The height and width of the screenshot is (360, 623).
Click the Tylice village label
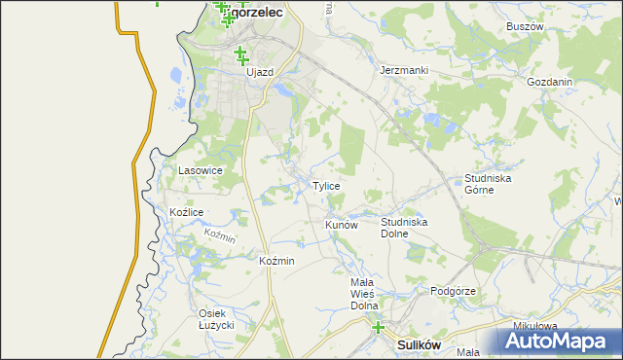pyautogui.click(x=326, y=186)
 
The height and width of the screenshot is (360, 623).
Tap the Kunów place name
pyautogui.click(x=342, y=225)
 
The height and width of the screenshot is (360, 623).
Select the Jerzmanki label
pyautogui.click(x=403, y=71)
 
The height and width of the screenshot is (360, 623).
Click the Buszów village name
pyautogui.click(x=525, y=26)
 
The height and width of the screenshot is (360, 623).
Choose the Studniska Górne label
pyautogui.click(x=488, y=184)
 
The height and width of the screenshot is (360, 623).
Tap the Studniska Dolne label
pyautogui.click(x=404, y=228)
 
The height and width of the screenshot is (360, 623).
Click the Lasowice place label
pyautogui.click(x=201, y=170)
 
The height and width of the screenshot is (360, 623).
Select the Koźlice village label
pyautogui.click(x=186, y=212)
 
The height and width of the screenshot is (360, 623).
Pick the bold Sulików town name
pyautogui.click(x=421, y=344)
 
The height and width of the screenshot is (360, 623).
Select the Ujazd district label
pyautogui.click(x=260, y=72)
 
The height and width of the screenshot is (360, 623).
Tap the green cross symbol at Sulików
pyautogui.click(x=378, y=328)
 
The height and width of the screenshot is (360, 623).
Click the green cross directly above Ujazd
pyautogui.click(x=238, y=54)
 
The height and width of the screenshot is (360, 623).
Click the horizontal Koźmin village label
pyautogui.click(x=277, y=262)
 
